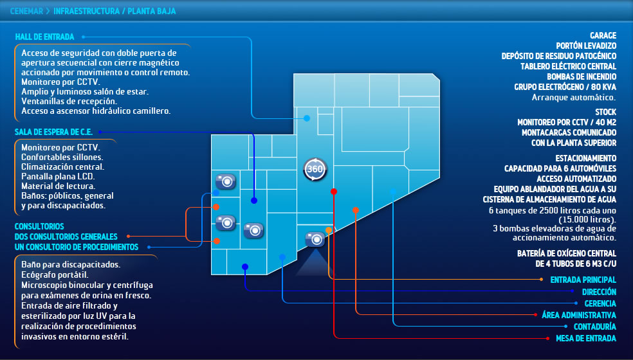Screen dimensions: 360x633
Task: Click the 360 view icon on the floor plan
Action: point(315,169)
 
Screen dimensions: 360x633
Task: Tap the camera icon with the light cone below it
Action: point(315,239)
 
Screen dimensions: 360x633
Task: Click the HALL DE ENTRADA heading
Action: point(44,37)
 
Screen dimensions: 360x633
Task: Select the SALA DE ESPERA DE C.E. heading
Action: point(53,132)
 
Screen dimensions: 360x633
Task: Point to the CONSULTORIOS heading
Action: point(39,226)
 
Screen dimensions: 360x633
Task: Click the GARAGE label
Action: point(603,36)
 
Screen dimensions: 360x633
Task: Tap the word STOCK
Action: point(605,112)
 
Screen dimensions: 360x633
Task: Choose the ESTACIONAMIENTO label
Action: point(585,158)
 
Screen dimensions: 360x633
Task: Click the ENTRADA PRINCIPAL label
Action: point(583,280)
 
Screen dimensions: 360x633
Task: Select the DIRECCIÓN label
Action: point(599,292)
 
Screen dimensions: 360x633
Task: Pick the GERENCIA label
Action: point(600,303)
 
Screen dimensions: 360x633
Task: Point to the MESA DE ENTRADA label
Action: point(585,338)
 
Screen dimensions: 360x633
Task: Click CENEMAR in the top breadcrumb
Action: point(26,11)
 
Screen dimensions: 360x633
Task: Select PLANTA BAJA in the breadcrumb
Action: point(152,11)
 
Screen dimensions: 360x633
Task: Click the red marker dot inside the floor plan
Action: point(333,192)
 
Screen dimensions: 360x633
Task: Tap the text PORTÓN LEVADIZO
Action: point(586,46)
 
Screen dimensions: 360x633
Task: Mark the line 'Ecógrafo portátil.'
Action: point(53,274)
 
